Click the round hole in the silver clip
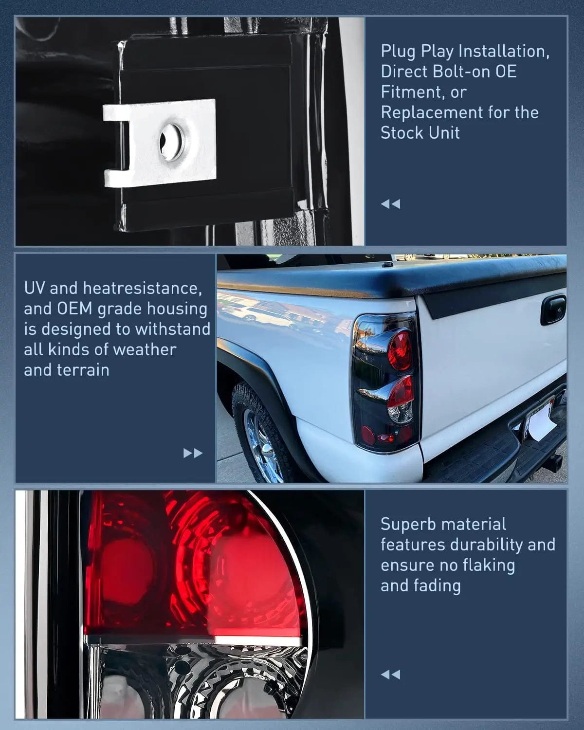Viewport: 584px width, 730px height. [172, 142]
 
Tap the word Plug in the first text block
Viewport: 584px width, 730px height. [399, 51]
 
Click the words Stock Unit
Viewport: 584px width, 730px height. [420, 133]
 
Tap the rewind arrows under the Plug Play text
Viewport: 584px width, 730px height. [390, 204]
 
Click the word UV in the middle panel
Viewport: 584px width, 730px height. [35, 288]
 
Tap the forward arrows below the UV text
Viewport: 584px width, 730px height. [193, 453]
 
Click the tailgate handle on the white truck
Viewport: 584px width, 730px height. [553, 310]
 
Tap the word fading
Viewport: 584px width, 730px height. [438, 585]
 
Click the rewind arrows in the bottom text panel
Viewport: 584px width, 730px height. [390, 674]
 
